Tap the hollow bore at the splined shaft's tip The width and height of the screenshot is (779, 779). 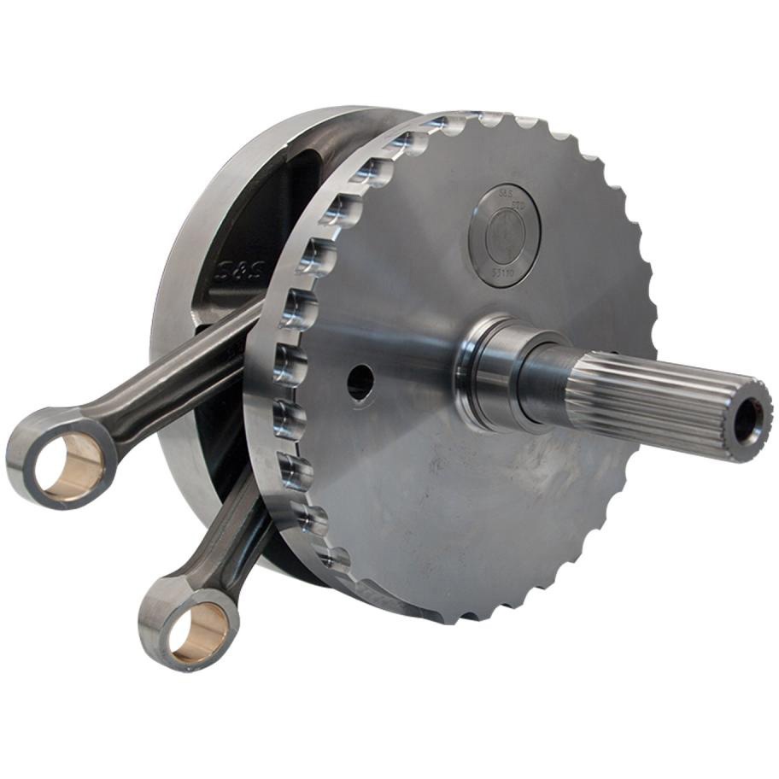coord(749,422)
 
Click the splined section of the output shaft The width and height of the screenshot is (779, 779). coord(649,401)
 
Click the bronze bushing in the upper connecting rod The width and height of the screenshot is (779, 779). coord(72,466)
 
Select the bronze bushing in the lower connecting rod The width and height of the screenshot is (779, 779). coord(202,631)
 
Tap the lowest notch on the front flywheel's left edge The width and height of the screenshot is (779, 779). coord(333,559)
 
